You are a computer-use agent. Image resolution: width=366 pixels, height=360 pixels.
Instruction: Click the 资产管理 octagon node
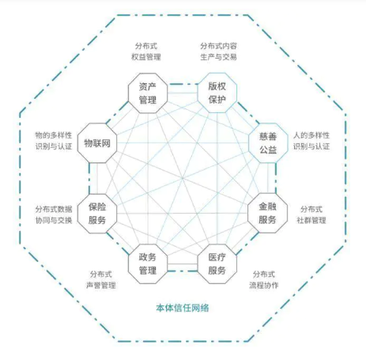click(148, 93)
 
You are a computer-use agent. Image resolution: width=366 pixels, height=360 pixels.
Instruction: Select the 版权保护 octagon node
click(217, 93)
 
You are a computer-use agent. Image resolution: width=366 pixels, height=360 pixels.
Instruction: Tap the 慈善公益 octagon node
click(268, 143)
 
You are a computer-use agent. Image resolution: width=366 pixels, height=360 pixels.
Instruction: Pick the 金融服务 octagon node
click(267, 213)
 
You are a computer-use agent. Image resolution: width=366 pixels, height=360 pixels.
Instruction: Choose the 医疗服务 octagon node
click(217, 263)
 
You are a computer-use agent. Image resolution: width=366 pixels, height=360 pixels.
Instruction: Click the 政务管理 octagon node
click(148, 263)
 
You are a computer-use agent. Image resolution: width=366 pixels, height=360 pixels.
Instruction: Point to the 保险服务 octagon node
click(97, 214)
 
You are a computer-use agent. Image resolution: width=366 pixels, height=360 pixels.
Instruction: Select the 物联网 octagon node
click(97, 143)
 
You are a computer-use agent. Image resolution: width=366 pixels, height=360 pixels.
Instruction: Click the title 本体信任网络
click(183, 308)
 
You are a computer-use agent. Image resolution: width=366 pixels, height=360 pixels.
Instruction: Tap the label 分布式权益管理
click(146, 51)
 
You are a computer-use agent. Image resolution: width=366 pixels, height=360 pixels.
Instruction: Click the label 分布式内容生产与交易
click(218, 51)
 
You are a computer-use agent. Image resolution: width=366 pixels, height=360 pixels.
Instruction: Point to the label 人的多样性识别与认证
click(311, 141)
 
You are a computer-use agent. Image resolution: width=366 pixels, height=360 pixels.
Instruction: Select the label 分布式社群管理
click(311, 214)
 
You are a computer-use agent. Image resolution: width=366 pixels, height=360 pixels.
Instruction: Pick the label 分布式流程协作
click(264, 279)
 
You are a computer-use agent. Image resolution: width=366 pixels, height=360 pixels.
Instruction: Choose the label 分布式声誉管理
click(101, 279)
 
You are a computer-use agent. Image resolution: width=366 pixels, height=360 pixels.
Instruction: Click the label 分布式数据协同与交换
click(54, 214)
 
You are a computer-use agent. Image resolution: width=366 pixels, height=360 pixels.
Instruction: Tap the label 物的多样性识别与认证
click(54, 141)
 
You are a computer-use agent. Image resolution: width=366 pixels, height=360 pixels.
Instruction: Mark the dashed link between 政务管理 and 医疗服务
click(183, 271)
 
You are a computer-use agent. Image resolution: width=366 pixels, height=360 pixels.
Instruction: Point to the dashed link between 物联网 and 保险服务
click(89, 178)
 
